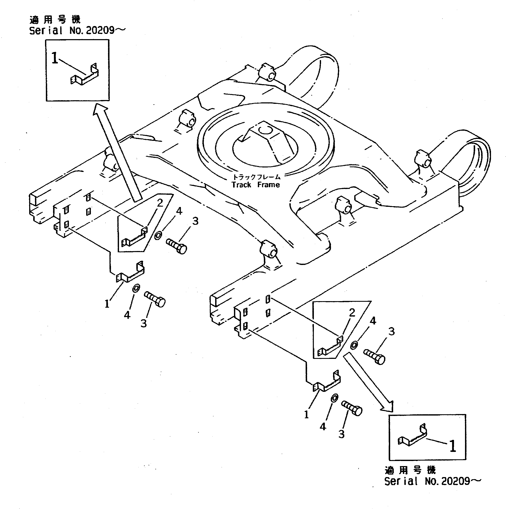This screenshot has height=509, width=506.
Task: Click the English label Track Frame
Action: (256, 185)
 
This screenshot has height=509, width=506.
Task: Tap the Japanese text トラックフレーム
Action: (256, 177)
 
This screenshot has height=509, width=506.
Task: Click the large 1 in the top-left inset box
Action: (55, 58)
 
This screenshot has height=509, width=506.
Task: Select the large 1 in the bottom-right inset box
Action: (452, 446)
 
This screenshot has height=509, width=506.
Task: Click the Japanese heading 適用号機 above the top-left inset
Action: (55, 20)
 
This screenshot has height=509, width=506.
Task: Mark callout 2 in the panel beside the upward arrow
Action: (160, 203)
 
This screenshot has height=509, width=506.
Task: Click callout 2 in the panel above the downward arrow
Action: (352, 313)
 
